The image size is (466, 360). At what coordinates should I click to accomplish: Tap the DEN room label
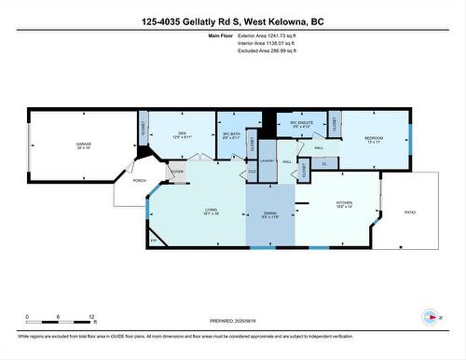(184, 132)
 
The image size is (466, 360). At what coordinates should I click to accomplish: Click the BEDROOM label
(375, 138)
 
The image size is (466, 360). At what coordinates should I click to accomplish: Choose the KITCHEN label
(346, 203)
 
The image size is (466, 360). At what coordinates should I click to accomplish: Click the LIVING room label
(212, 211)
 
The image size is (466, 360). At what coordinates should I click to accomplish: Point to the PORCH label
(139, 180)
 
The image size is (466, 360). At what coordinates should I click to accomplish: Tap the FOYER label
(176, 172)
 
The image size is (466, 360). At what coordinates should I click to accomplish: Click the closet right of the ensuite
(334, 124)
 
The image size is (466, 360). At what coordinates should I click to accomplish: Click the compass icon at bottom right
(430, 317)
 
